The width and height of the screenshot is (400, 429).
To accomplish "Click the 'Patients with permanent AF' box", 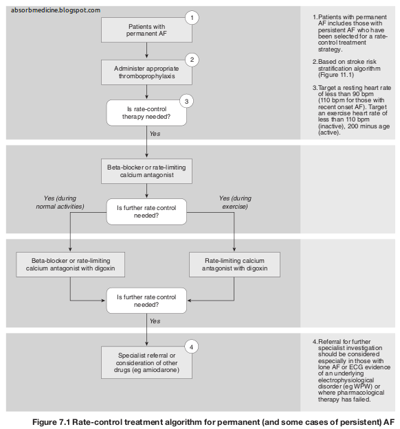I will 146,30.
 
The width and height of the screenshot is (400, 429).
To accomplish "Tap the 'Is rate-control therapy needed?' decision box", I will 146,113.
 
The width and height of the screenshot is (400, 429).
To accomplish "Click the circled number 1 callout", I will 193,16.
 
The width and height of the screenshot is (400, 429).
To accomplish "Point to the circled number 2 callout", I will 193,60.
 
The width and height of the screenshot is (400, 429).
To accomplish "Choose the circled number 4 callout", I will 193,347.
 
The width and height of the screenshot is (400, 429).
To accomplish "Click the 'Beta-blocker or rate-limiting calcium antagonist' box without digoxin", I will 146,170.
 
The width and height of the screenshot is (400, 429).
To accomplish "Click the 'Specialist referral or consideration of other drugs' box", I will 146,359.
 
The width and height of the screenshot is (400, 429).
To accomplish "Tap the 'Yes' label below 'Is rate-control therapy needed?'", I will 155,134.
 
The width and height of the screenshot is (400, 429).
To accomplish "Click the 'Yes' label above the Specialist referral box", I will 155,321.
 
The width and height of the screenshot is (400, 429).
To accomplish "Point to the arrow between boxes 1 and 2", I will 146,51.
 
